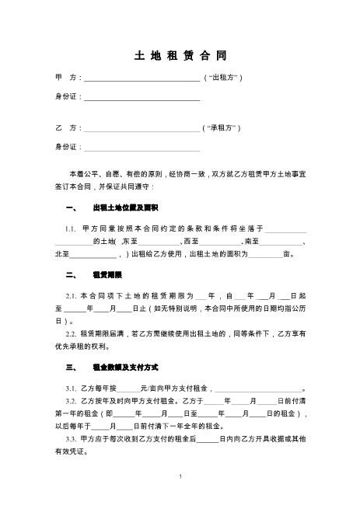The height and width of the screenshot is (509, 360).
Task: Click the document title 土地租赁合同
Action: (180, 58)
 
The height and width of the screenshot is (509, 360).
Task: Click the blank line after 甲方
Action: (142, 79)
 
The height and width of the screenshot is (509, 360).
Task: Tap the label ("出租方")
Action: (224, 78)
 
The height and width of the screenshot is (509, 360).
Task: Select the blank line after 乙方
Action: (142, 127)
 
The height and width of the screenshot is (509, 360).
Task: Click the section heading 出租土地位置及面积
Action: (125, 208)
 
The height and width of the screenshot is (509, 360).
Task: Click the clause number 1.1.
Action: (71, 229)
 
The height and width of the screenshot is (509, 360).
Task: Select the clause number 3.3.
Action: (71, 438)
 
